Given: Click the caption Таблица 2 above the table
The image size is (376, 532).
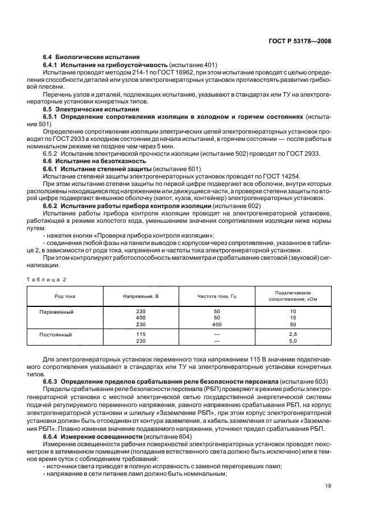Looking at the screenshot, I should (47, 279).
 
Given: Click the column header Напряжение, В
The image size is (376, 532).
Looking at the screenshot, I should (141, 297).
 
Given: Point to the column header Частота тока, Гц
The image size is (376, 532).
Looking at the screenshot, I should (217, 297).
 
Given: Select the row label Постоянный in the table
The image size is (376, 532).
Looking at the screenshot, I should (56, 334).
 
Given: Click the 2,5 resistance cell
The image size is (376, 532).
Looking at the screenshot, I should (293, 334).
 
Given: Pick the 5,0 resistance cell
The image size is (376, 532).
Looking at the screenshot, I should (293, 341).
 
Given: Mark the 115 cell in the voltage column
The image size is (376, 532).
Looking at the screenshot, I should (141, 334).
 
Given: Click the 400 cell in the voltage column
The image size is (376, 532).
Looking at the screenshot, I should (141, 318).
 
